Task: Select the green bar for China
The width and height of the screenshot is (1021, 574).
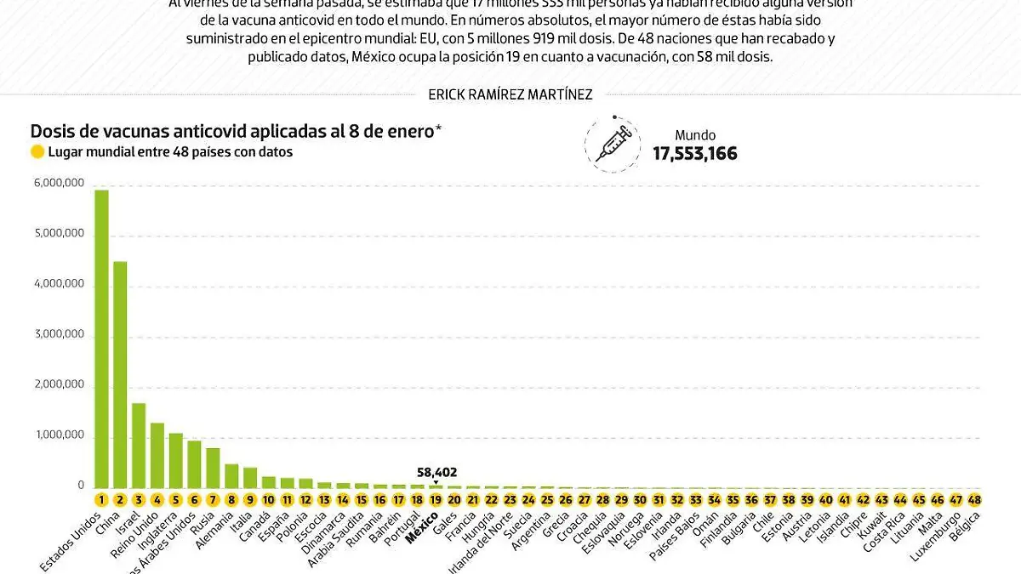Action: click(x=120, y=374)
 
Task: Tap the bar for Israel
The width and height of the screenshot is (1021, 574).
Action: click(x=139, y=446)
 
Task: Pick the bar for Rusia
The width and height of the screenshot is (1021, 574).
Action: click(x=213, y=467)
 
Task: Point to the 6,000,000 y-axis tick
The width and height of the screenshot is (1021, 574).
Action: click(x=58, y=183)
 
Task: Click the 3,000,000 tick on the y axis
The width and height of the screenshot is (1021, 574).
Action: click(x=58, y=334)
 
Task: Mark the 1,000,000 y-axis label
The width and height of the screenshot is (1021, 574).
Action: click(x=58, y=435)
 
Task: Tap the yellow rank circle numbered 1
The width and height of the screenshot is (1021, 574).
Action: click(x=101, y=500)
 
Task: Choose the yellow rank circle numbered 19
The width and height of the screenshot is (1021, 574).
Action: click(x=436, y=500)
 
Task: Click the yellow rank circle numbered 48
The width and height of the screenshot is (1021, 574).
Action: click(x=974, y=500)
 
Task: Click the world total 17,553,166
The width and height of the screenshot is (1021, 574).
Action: click(x=695, y=154)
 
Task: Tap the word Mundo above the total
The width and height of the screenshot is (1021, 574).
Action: click(x=695, y=135)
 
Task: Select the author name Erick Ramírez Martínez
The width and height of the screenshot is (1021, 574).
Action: click(x=510, y=95)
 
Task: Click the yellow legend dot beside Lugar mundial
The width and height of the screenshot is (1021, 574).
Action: click(x=37, y=153)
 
